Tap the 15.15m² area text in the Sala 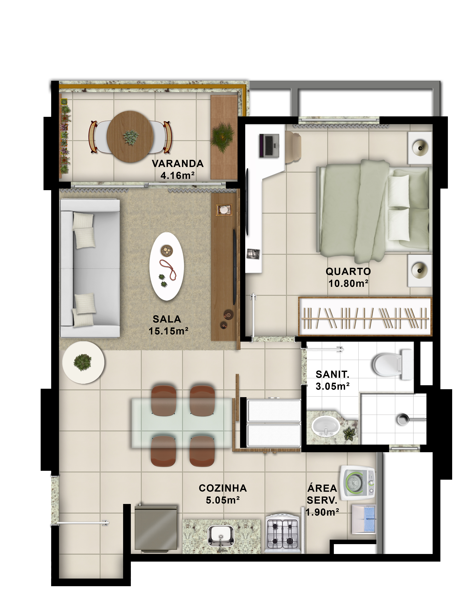point(169,331)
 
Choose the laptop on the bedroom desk point(269,146)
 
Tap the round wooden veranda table point(130,137)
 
